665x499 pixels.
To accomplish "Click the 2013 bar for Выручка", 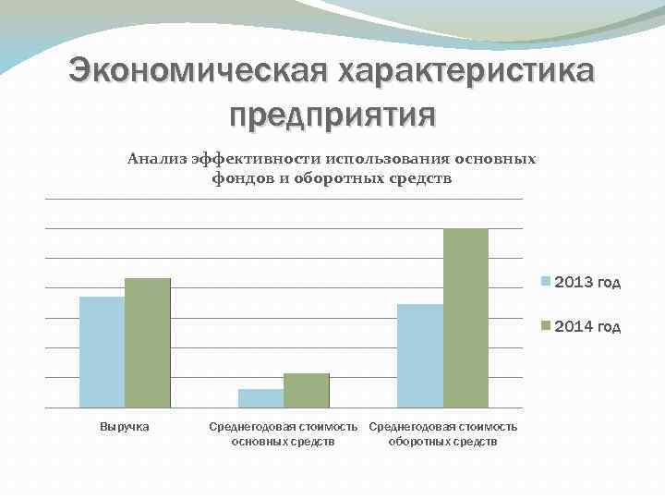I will [102, 352].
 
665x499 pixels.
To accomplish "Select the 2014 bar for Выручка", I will [148, 343].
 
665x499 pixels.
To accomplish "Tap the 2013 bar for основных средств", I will [260, 398].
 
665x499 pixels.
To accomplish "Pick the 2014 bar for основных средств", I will [307, 390].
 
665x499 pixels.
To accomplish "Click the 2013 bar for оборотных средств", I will [419, 356].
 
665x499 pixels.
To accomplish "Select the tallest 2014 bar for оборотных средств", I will [465, 318].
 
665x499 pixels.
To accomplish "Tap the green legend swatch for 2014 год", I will [547, 325].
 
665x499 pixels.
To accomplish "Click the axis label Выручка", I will [125, 426].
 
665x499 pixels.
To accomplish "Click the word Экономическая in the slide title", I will [199, 73].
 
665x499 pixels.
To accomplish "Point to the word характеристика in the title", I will [465, 73].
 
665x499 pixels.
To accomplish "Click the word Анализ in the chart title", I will [157, 159].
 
